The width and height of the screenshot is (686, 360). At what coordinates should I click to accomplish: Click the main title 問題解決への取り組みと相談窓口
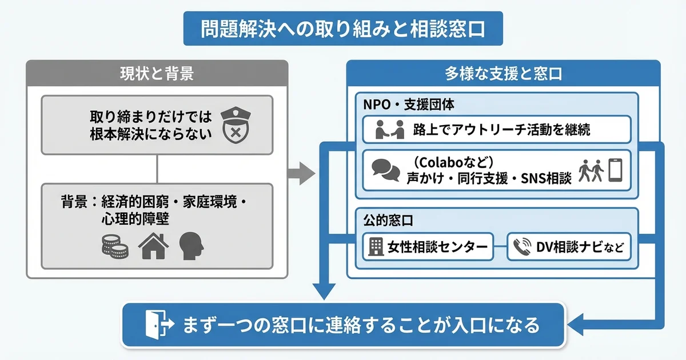343,29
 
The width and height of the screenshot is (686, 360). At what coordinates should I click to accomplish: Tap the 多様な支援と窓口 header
503,74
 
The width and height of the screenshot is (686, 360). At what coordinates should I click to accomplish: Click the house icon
154,246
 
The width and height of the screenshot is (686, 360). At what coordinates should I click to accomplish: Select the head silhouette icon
192,246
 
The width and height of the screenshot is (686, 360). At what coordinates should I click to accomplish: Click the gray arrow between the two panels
301,173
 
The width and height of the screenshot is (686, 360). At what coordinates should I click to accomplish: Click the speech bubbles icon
385,169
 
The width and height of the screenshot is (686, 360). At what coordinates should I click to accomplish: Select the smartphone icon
615,170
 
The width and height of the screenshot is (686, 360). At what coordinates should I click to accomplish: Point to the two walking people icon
591,170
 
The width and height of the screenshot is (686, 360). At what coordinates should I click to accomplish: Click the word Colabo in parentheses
439,162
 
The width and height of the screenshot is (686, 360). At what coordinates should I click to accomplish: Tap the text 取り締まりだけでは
150,117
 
